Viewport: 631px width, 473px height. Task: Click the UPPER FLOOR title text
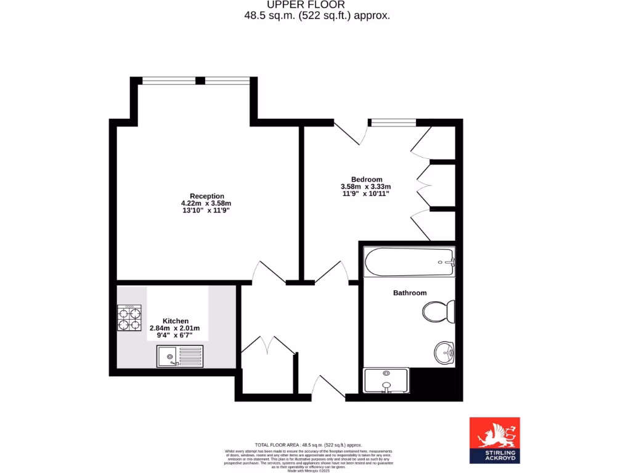tap(315, 5)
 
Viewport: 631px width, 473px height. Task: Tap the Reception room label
tap(206, 196)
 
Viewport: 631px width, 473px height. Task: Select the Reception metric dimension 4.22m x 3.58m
tap(206, 204)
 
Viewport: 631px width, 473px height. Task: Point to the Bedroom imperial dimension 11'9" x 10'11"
tap(365, 194)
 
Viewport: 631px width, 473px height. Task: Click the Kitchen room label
tap(176, 321)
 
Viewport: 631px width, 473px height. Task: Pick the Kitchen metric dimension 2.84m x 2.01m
tap(177, 328)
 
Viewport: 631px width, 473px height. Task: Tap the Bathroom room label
tap(410, 293)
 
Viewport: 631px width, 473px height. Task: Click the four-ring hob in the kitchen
tap(129, 318)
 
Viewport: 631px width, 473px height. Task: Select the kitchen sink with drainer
tap(176, 356)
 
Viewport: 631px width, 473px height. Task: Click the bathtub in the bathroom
tap(409, 262)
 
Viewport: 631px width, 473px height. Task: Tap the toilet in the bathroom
tap(439, 311)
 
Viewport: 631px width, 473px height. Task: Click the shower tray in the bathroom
tap(386, 380)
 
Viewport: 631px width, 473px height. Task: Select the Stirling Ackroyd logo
tap(494, 440)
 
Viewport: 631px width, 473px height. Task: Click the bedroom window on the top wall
tap(393, 121)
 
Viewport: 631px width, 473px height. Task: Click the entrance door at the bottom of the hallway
tap(326, 388)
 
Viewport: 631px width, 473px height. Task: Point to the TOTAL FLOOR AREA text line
tap(308, 445)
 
